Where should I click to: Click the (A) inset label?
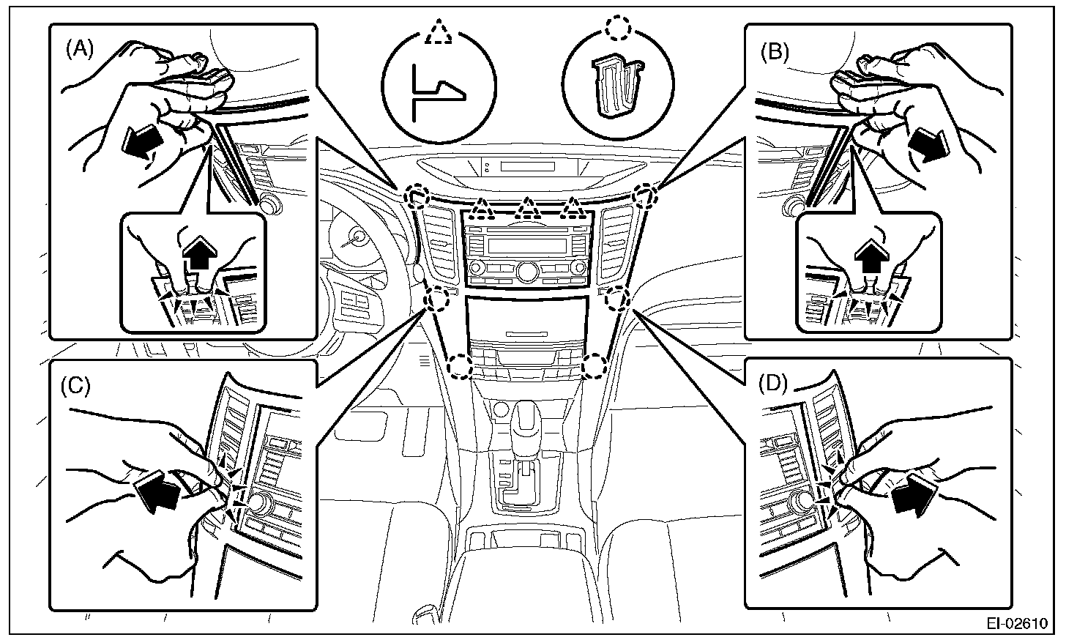(80, 50)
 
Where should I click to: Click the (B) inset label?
(774, 52)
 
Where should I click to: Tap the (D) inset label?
(773, 383)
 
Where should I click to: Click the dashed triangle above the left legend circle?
(437, 33)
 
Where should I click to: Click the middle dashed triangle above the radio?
(525, 211)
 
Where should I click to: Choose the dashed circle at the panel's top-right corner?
(644, 196)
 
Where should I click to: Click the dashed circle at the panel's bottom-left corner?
(460, 367)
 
